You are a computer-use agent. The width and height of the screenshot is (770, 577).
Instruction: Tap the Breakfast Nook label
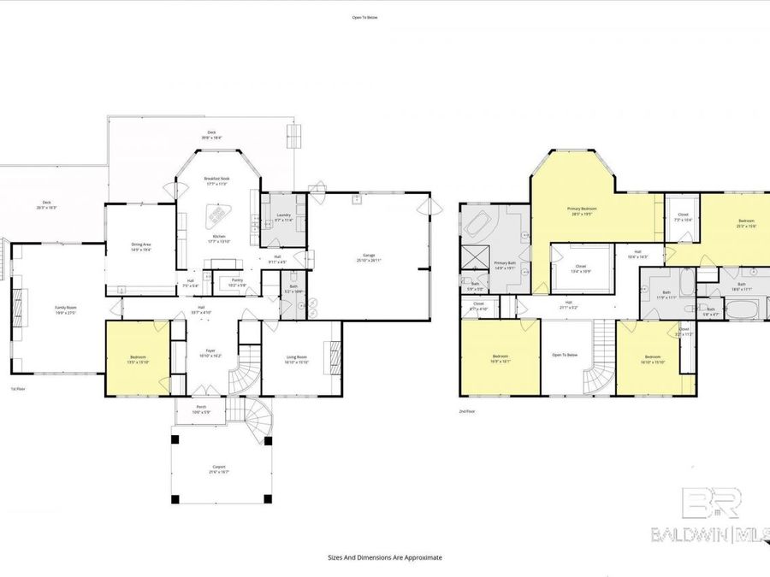pos(218,180)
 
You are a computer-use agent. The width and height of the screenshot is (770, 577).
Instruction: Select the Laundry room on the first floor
pos(282,221)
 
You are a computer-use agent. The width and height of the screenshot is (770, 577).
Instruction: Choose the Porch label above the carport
pos(201,409)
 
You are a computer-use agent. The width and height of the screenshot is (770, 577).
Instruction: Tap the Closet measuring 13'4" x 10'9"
pos(582,270)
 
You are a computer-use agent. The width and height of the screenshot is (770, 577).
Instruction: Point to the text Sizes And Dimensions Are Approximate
pos(384,556)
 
